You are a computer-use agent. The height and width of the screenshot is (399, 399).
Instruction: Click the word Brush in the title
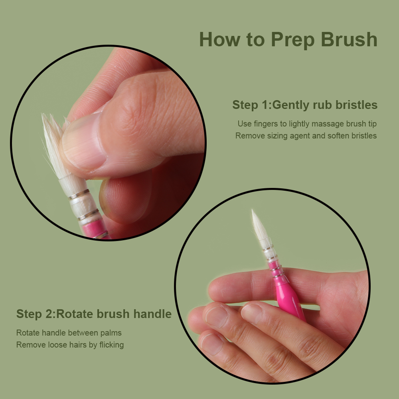click(349, 40)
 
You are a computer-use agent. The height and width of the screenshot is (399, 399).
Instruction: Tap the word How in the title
click(219, 40)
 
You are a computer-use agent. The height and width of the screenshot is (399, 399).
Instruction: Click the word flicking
click(111, 345)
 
